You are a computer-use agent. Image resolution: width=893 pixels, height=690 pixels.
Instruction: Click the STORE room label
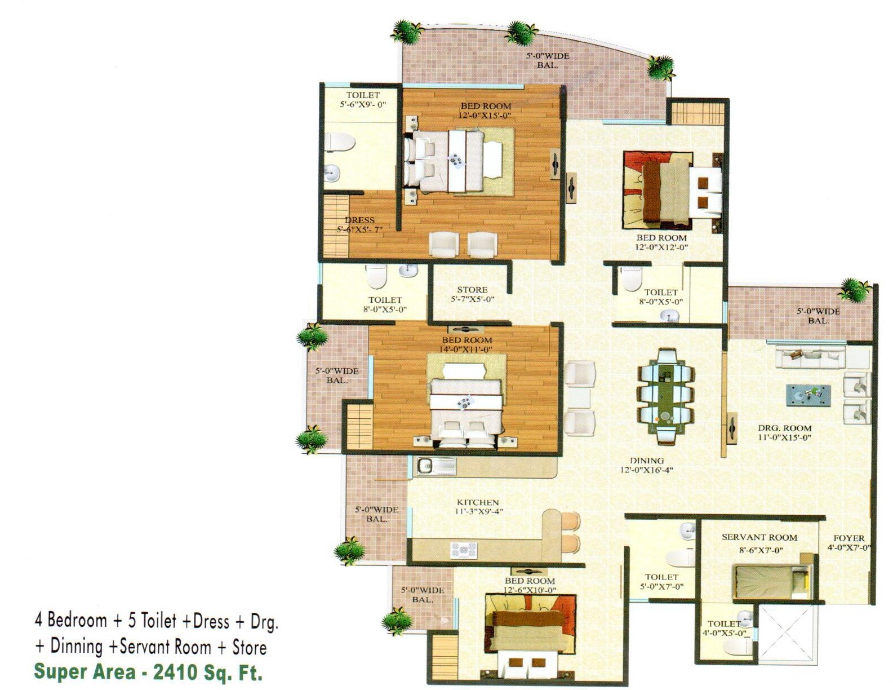point(472,290)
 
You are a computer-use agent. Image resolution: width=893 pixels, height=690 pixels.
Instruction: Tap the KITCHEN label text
point(478,502)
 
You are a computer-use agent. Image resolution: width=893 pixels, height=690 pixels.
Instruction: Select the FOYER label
point(849,538)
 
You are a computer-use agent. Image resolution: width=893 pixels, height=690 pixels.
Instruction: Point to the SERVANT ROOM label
point(759,537)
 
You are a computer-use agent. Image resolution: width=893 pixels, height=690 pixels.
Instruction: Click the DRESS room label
point(359,220)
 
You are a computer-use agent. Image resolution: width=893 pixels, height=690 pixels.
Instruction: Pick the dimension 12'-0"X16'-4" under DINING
point(647,470)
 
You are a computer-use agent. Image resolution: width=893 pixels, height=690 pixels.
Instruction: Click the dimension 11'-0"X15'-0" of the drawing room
point(784,438)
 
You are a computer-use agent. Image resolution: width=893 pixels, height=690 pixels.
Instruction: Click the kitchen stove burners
point(464,550)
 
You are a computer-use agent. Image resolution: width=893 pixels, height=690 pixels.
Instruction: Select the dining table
point(666,396)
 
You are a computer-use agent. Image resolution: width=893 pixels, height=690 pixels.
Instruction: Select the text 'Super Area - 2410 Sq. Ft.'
point(148,672)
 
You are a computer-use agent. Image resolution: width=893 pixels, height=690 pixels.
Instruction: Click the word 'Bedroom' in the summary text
point(77,620)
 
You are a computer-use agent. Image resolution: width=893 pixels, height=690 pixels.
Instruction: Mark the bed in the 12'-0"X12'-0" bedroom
point(672,190)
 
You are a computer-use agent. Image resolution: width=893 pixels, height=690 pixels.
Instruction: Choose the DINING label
point(647,461)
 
